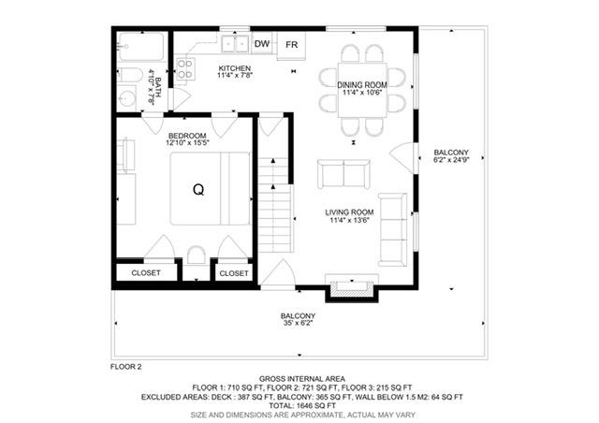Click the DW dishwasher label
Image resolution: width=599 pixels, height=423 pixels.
(x=262, y=44)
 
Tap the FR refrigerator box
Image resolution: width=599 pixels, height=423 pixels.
(x=291, y=46)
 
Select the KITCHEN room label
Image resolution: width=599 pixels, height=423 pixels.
(x=235, y=68)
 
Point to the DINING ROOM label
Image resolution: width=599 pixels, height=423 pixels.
(x=362, y=85)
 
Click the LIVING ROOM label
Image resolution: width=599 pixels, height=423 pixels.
(x=349, y=212)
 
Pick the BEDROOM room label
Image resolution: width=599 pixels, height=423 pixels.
(x=187, y=136)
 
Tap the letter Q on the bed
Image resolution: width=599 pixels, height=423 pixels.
(x=198, y=190)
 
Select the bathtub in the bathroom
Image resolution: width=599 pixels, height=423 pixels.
(x=141, y=47)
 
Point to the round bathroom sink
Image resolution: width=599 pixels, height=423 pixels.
(x=126, y=98)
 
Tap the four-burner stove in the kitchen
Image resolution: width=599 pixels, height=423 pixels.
(x=185, y=69)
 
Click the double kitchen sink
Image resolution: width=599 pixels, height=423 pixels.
(x=235, y=44)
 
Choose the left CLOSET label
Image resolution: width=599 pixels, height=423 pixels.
(x=146, y=273)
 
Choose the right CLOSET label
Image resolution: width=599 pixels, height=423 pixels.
(x=234, y=273)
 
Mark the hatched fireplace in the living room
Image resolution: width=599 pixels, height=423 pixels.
(x=352, y=289)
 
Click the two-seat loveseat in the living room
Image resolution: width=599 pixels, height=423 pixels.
(x=343, y=174)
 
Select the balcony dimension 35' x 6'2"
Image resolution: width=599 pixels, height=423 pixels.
(x=299, y=323)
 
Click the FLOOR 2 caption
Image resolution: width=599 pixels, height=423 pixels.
(x=126, y=367)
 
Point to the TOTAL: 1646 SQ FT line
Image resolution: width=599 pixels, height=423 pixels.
(x=302, y=406)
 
